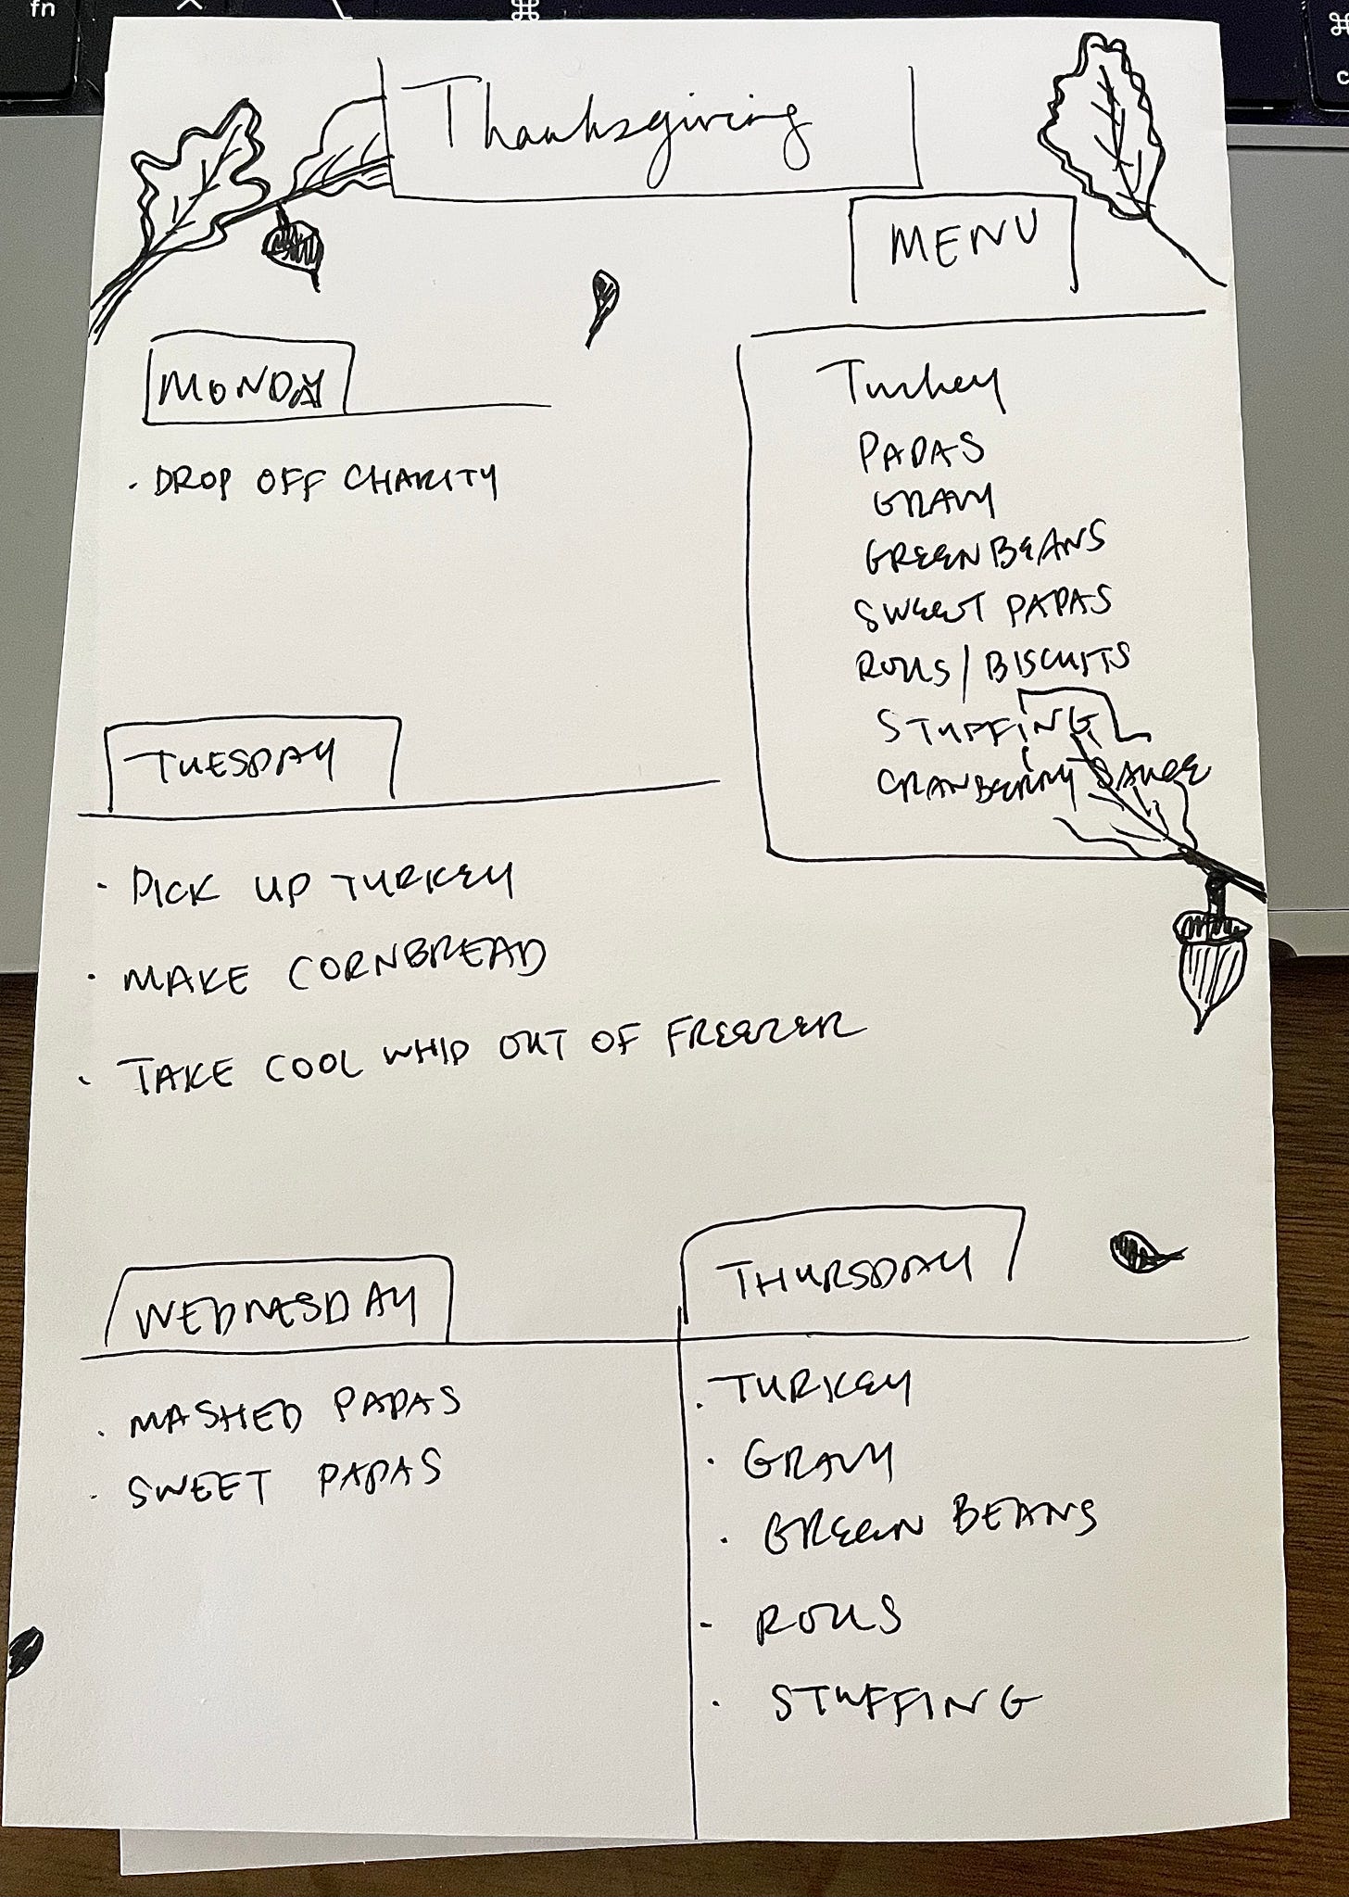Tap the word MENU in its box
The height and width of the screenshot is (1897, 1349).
(x=964, y=243)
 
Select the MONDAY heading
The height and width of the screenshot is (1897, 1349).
(x=243, y=386)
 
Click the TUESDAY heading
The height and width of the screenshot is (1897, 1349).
(x=232, y=765)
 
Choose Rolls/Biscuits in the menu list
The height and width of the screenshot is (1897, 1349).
(x=991, y=664)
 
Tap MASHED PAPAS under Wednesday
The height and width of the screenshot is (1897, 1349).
(x=295, y=1410)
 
